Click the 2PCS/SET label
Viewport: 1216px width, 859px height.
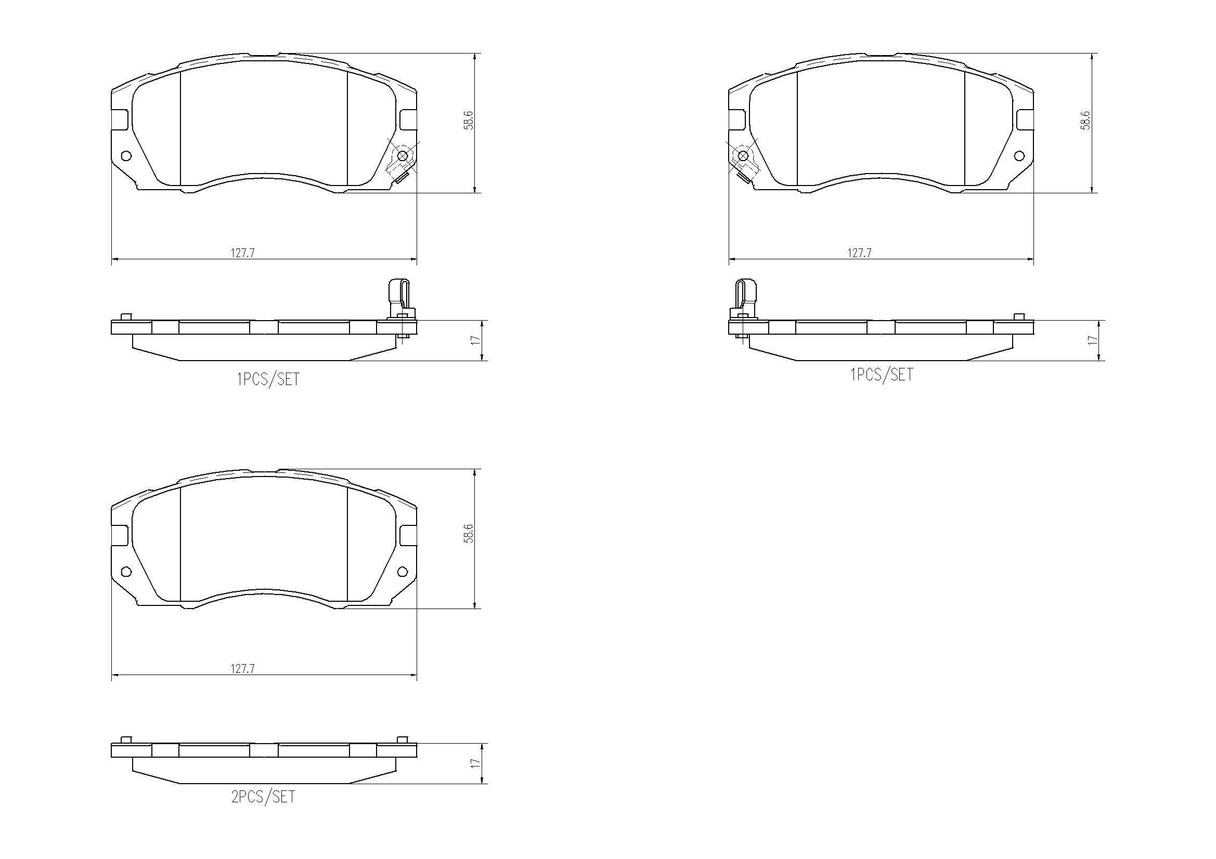click(x=263, y=797)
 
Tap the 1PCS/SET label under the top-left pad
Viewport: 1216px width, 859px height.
click(x=268, y=379)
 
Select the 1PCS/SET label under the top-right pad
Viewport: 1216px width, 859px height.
click(x=882, y=375)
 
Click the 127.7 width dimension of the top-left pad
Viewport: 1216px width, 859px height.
click(x=242, y=253)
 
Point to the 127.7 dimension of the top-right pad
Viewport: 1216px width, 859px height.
click(x=860, y=253)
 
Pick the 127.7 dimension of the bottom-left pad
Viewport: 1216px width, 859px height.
click(x=242, y=669)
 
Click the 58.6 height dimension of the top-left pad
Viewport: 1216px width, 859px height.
click(x=469, y=121)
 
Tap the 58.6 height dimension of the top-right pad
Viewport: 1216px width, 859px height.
click(x=1086, y=121)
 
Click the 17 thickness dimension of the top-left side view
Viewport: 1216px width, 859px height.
click(x=475, y=340)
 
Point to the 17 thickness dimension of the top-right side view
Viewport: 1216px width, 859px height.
click(x=1093, y=340)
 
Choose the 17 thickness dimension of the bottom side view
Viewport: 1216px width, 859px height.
click(x=475, y=763)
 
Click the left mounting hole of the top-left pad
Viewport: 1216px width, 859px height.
click(x=126, y=155)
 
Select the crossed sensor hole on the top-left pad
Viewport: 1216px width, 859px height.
click(x=403, y=155)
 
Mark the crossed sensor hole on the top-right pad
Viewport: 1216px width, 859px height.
click(x=743, y=155)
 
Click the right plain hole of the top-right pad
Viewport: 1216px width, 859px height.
click(x=1019, y=155)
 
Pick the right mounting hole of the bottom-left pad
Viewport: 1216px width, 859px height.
click(x=403, y=572)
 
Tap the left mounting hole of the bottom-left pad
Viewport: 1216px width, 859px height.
click(x=126, y=572)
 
